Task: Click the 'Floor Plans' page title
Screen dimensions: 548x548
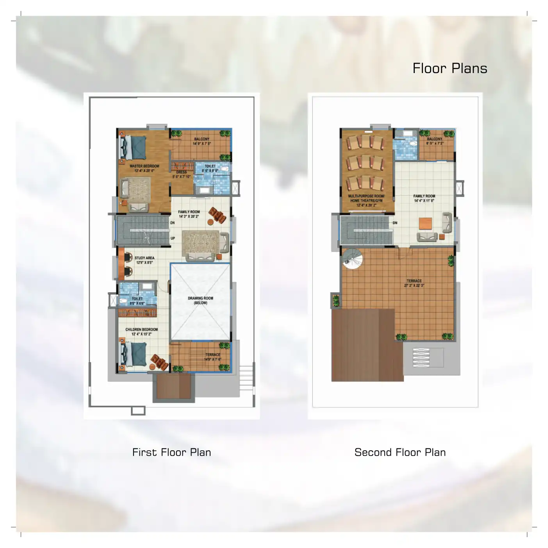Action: tap(450, 68)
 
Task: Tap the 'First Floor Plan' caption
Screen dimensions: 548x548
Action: tap(171, 452)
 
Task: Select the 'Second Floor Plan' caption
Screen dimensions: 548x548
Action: tap(400, 452)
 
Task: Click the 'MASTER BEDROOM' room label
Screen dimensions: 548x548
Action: tap(145, 166)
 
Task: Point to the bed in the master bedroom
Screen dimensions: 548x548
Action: tap(133, 147)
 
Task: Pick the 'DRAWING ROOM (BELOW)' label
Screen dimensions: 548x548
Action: tap(200, 300)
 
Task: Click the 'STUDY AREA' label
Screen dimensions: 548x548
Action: tap(145, 258)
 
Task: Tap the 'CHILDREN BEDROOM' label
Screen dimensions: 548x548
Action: tap(141, 329)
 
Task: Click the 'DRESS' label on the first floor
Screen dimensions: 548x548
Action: tap(181, 172)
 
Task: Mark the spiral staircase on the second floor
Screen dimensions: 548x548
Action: tap(353, 259)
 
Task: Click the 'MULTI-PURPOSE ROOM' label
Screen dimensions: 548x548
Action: tap(366, 196)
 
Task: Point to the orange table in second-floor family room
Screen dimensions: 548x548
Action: tap(425, 223)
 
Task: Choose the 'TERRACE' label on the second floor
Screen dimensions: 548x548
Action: tap(414, 281)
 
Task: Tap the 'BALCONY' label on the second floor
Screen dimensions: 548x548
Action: tap(435, 139)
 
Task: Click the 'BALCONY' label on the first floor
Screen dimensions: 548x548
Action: tap(202, 139)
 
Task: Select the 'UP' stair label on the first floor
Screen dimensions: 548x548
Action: tap(173, 238)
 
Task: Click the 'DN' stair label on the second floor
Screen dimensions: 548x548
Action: tap(395, 223)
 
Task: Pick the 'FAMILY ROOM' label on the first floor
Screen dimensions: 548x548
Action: tap(189, 212)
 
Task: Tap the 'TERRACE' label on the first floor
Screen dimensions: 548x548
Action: tap(213, 355)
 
